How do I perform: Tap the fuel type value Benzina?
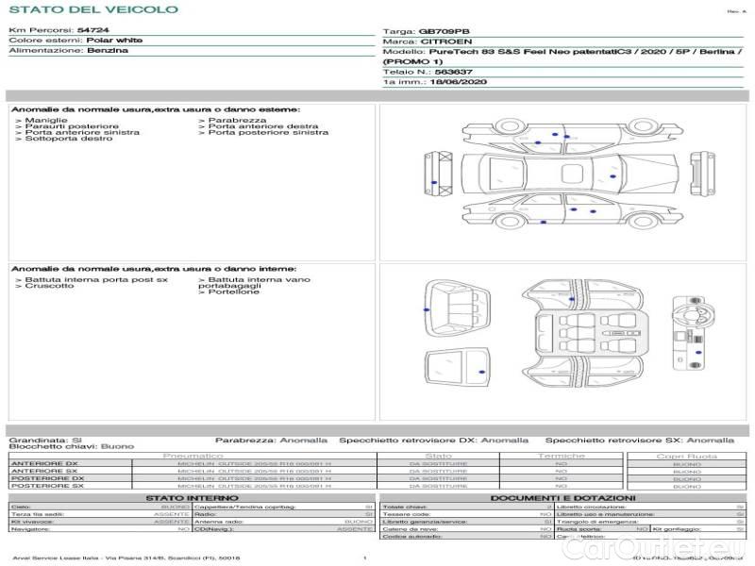pos(107,51)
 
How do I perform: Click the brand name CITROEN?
pos(440,42)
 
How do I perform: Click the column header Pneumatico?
pos(193,456)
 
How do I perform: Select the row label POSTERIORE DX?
pos(47,478)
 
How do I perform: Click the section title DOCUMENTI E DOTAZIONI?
pos(562,497)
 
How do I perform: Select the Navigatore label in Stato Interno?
pos(31,529)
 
